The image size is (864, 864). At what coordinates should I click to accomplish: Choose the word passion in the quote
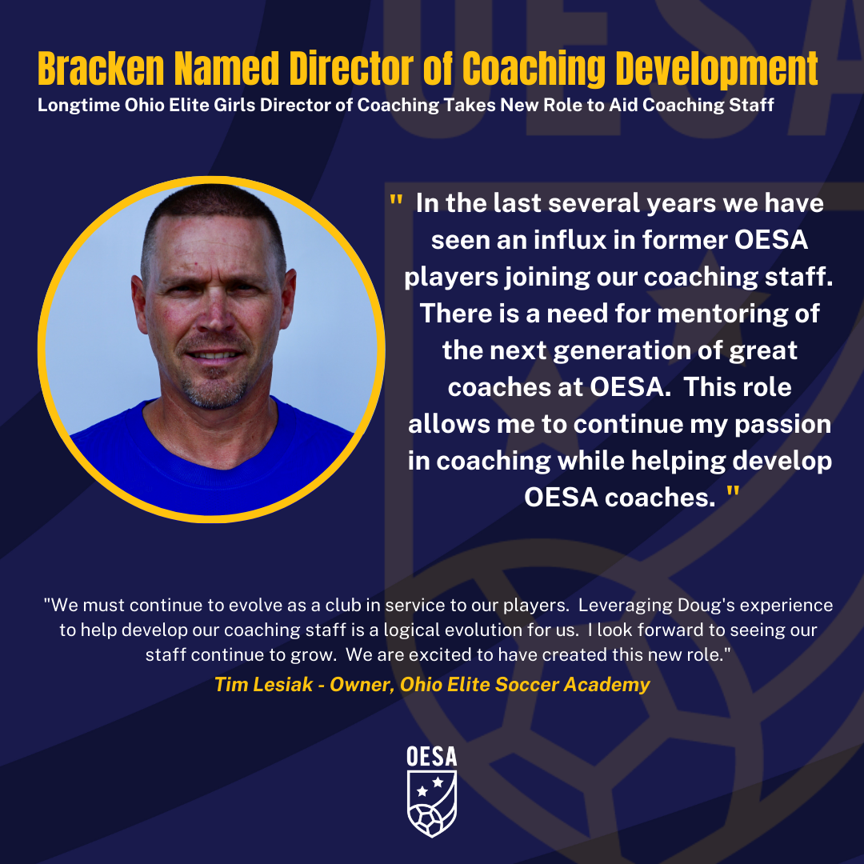780,423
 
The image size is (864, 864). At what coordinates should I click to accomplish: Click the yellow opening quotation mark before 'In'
395,202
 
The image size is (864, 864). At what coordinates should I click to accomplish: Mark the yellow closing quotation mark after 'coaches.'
733,496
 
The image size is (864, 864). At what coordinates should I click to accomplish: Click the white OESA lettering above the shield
431,756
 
